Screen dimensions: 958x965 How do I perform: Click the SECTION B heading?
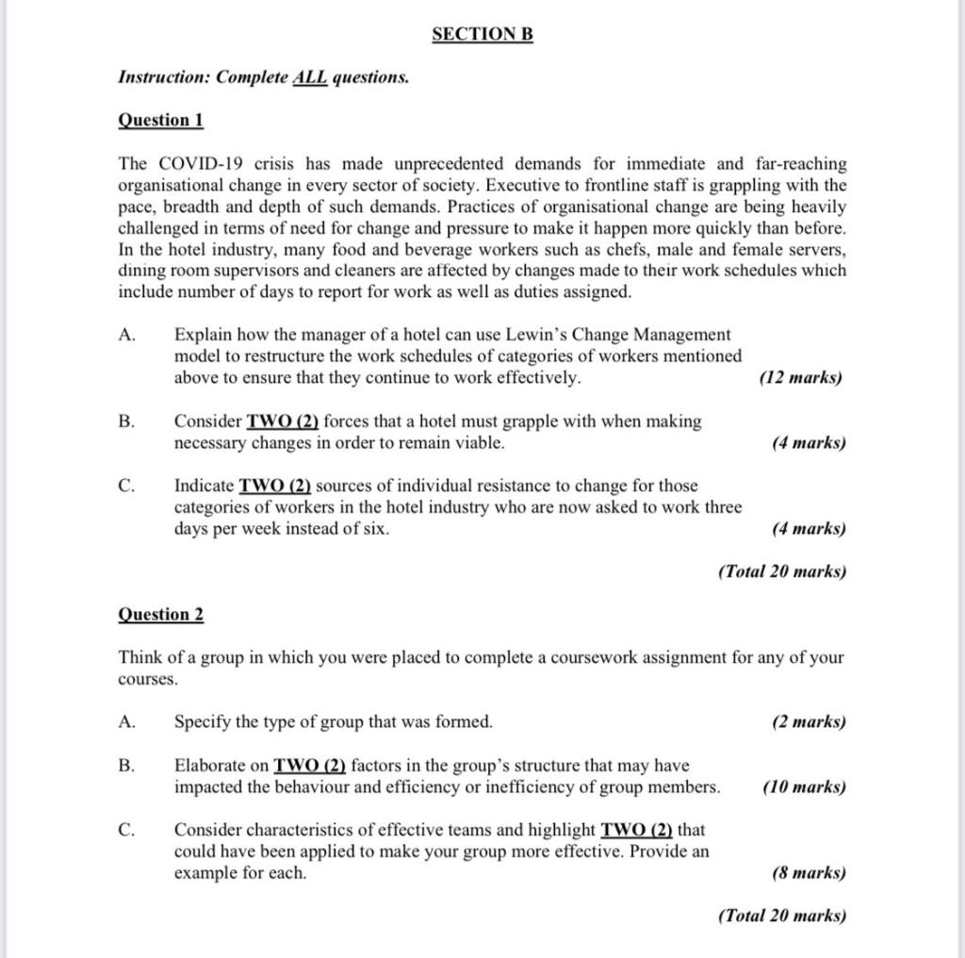pyautogui.click(x=482, y=35)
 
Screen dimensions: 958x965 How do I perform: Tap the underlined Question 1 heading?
pyautogui.click(x=160, y=120)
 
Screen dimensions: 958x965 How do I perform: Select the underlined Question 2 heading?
pyautogui.click(x=160, y=615)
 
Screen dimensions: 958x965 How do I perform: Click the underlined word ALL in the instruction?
pyautogui.click(x=311, y=77)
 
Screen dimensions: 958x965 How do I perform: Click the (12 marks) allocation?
pyautogui.click(x=800, y=378)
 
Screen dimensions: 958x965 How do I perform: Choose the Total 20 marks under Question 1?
pyautogui.click(x=781, y=571)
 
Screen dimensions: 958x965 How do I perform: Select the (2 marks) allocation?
pyautogui.click(x=808, y=722)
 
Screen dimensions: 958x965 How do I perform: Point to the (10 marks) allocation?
pyautogui.click(x=803, y=787)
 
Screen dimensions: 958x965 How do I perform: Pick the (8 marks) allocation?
pyautogui.click(x=808, y=873)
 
